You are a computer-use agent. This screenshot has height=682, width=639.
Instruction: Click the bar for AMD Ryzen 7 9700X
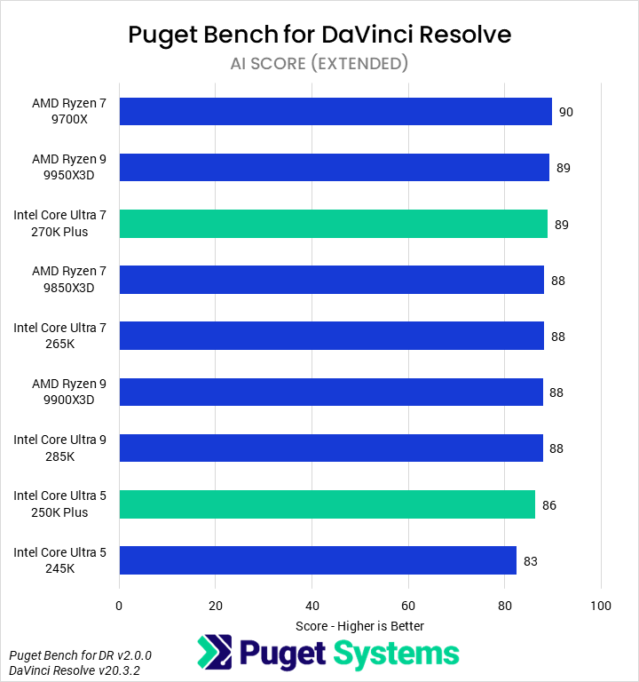click(x=335, y=112)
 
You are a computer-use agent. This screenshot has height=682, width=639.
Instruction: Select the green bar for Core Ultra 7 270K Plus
click(x=333, y=224)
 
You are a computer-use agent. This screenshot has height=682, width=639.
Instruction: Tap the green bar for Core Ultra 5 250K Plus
click(x=327, y=504)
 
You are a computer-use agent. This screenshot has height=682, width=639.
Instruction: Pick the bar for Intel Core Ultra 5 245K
click(x=318, y=560)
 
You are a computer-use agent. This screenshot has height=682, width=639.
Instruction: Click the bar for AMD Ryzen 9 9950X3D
click(x=334, y=168)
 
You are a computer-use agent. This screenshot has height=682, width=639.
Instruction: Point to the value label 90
click(x=565, y=112)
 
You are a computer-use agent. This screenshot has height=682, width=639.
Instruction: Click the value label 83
click(x=531, y=561)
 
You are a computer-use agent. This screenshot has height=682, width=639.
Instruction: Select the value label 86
click(x=549, y=505)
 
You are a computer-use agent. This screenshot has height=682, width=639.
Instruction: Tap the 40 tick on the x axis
click(x=312, y=606)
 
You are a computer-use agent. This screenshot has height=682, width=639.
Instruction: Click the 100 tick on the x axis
click(x=601, y=606)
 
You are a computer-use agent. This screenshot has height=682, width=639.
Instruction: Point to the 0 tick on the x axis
click(x=119, y=606)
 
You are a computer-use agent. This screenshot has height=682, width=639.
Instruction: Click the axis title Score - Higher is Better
click(x=359, y=626)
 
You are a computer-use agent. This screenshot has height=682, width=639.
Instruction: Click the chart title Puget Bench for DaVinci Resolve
click(x=319, y=35)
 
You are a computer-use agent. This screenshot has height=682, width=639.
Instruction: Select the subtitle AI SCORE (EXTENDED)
click(x=319, y=63)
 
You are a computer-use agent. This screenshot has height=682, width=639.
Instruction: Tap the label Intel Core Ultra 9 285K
click(x=59, y=448)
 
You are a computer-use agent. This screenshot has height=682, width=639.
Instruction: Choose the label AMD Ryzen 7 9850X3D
click(x=68, y=280)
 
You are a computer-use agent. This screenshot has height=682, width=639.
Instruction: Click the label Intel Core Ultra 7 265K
click(x=59, y=336)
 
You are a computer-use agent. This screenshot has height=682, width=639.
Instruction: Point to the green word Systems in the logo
click(x=396, y=654)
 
